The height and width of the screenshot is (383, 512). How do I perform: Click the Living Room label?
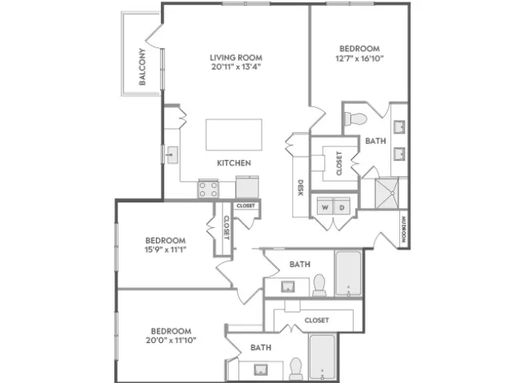coord(236,58)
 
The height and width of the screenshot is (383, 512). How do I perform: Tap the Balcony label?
coord(142,67)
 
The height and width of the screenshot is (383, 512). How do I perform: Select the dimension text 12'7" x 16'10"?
coord(359,58)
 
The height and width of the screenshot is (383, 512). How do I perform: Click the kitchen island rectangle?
coord(234,135)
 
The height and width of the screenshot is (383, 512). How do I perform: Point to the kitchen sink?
coord(173,155)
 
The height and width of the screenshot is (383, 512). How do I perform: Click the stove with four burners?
coord(208,190)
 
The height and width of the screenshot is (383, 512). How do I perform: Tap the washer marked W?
coord(325,206)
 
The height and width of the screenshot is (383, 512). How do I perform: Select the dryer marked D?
coord(342,206)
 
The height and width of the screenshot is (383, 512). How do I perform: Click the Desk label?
coord(301,188)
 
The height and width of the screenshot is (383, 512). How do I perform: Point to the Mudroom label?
coord(404,229)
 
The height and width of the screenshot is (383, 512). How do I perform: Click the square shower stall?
coord(387,193)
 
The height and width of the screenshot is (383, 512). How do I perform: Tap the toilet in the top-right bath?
coord(355,118)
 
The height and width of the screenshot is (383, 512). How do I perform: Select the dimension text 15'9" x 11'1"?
coord(166,250)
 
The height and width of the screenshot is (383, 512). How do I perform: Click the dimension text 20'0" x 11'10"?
coord(170,341)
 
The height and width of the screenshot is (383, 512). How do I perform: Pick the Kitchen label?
coord(234,163)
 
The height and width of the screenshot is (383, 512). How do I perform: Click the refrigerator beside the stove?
coord(247,187)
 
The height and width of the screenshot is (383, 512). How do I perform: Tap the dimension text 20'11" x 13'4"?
coord(236,67)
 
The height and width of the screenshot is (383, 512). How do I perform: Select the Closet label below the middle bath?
coord(317,321)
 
